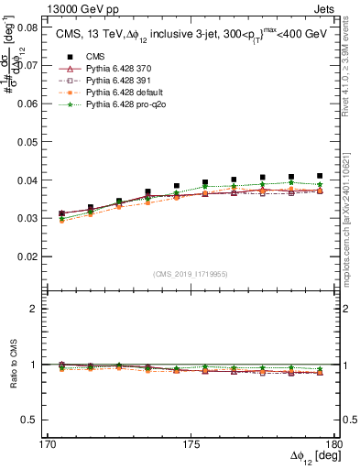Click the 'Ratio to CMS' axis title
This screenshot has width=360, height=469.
point(12,365)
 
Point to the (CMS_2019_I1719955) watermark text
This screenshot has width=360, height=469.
point(190,273)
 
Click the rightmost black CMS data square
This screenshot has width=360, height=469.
point(320,176)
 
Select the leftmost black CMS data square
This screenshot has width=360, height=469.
point(61,213)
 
